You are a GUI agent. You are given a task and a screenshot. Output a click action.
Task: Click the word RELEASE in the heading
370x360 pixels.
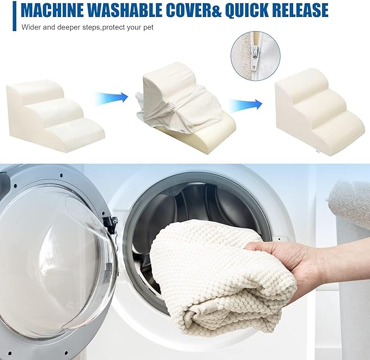(x=300, y=10)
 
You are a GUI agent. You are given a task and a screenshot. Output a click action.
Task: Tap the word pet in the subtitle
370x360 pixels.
(x=148, y=28)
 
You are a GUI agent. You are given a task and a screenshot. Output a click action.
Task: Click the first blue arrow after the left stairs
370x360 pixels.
(x=111, y=97)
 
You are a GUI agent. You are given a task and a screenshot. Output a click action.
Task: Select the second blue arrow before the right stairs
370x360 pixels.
(x=246, y=104)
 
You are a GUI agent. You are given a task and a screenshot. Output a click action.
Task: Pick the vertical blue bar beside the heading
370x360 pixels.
(x=14, y=16)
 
